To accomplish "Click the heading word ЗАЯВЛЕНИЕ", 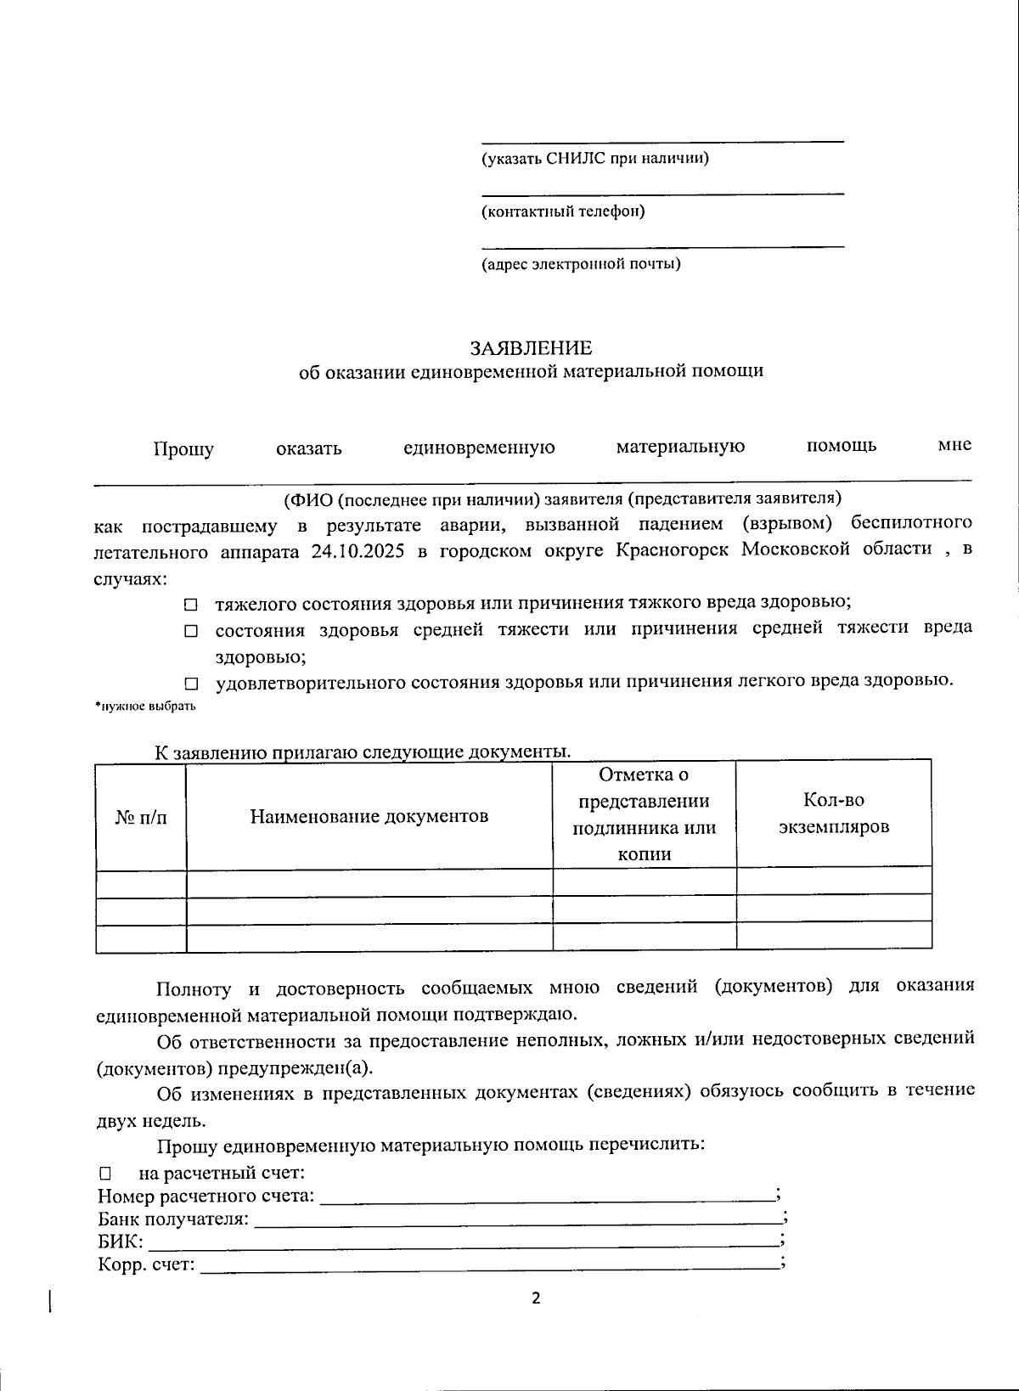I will click(x=532, y=348).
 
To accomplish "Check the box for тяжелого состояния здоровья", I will click(x=191, y=605).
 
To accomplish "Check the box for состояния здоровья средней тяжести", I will click(x=191, y=631).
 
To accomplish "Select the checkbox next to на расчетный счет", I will click(x=105, y=1174).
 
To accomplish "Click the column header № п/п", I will click(x=141, y=817).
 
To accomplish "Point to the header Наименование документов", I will click(x=369, y=817).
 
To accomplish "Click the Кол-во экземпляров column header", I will click(x=833, y=814).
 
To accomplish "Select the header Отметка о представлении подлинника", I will click(x=644, y=814).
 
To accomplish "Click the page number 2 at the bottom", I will click(x=535, y=1298).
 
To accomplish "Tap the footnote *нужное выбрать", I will click(x=144, y=707).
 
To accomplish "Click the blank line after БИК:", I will click(x=463, y=1243).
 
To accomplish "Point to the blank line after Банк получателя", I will click(x=518, y=1221).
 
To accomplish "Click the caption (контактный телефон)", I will click(x=563, y=211).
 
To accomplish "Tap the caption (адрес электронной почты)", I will click(x=581, y=264).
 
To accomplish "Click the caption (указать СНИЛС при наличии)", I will click(x=595, y=159).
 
